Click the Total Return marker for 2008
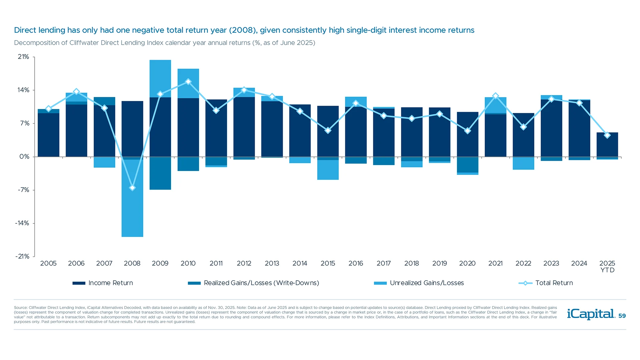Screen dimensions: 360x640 [x=132, y=188]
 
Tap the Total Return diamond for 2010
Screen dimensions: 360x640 [x=188, y=82]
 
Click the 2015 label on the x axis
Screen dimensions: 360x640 [x=328, y=263]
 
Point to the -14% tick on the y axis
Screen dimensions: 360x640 [x=22, y=223]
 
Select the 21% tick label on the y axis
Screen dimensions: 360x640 [x=23, y=57]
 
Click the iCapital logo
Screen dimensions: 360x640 [x=591, y=314]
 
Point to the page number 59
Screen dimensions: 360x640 [x=622, y=316]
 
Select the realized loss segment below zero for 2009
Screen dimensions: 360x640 [x=160, y=173]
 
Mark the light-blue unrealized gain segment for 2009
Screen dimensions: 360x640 [x=160, y=79]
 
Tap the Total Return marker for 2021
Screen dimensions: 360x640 [x=495, y=96]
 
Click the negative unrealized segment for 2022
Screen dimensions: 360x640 [x=523, y=163]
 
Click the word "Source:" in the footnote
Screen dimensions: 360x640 [x=21, y=308]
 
